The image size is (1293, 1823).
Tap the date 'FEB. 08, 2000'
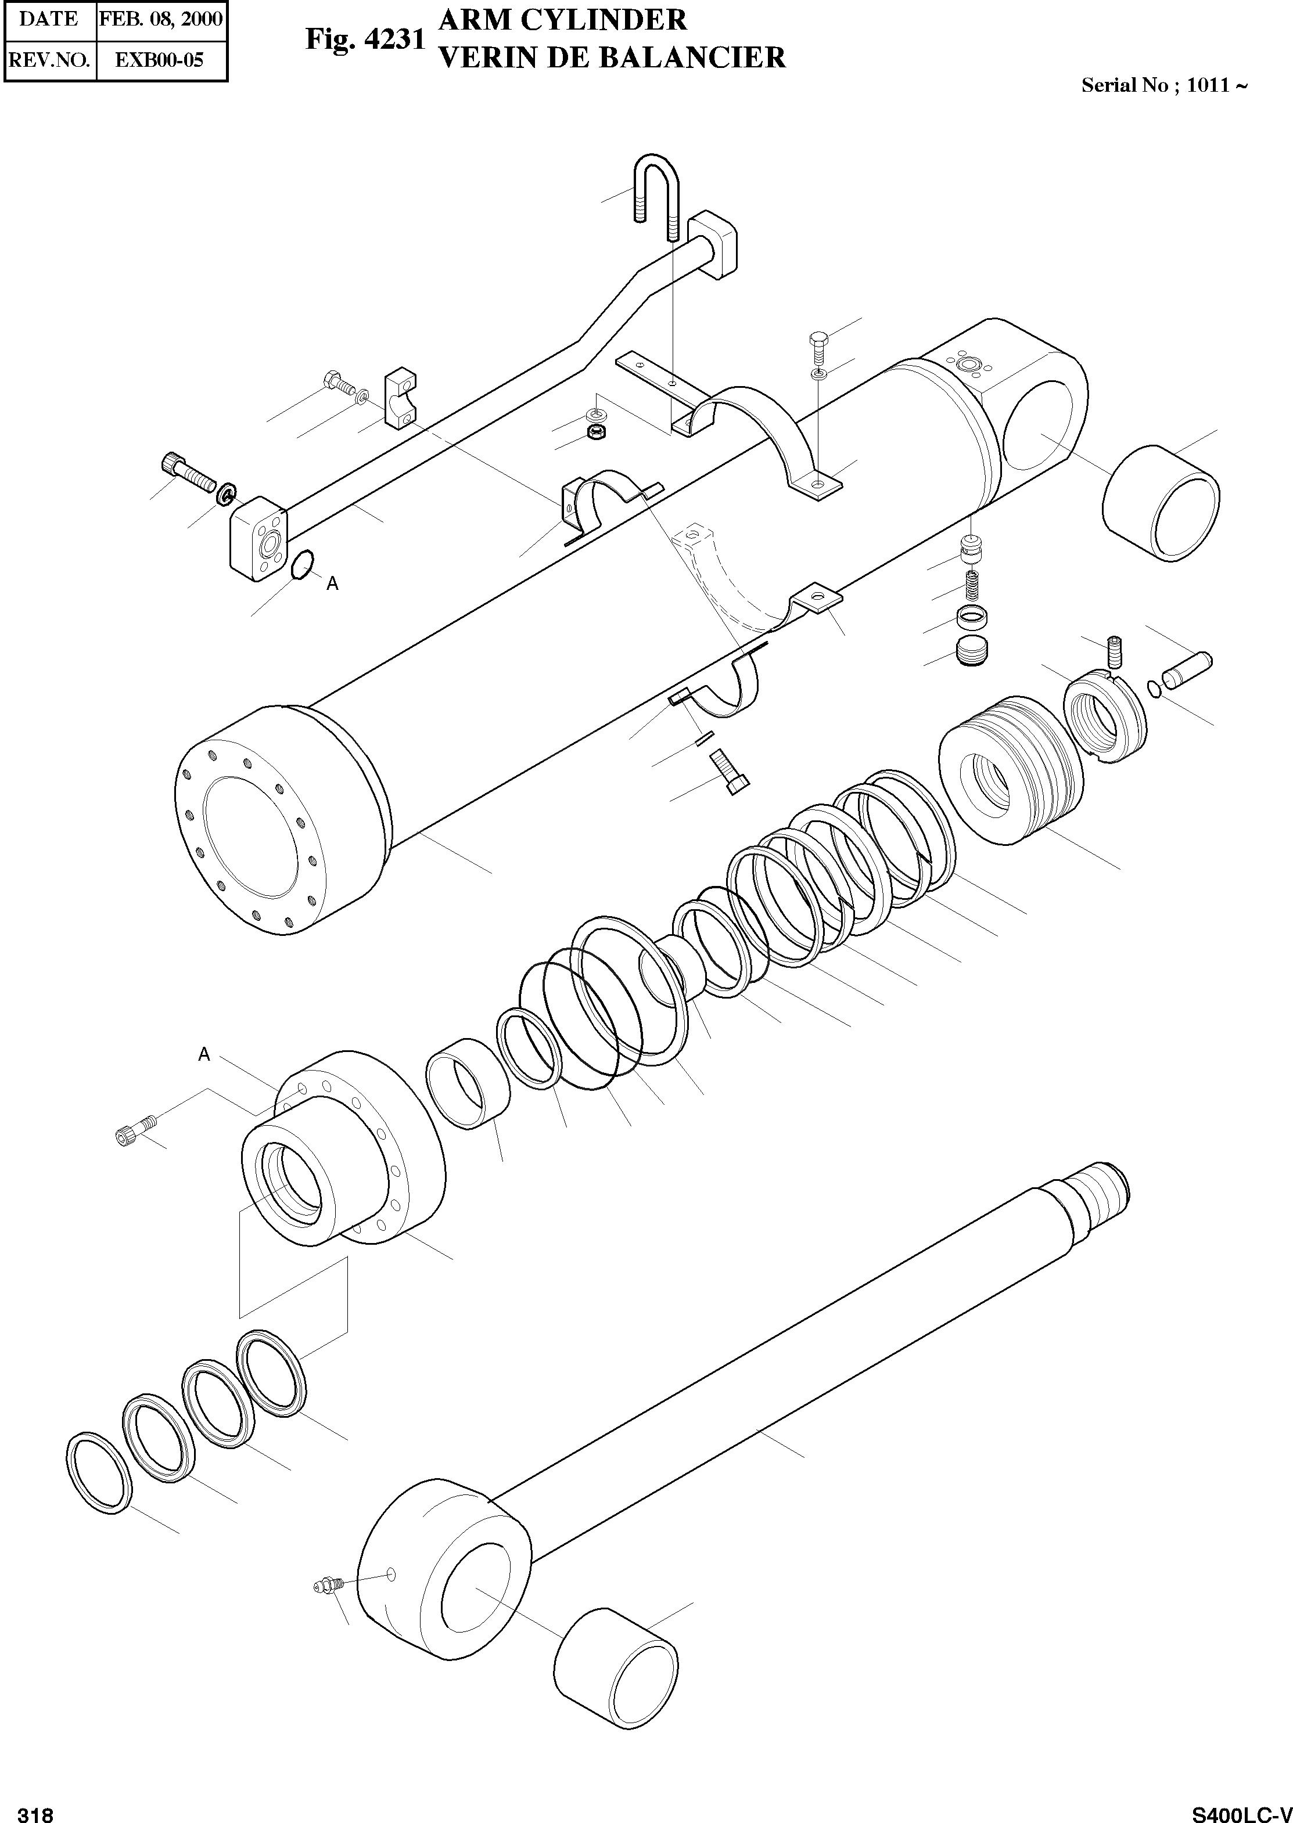pos(161,20)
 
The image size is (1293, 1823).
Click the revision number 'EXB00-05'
pos(160,60)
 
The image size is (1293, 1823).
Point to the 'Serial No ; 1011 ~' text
pos(1163,86)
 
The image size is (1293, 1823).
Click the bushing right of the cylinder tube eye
pos(1160,503)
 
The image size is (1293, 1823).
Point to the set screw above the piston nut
pos(1115,651)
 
